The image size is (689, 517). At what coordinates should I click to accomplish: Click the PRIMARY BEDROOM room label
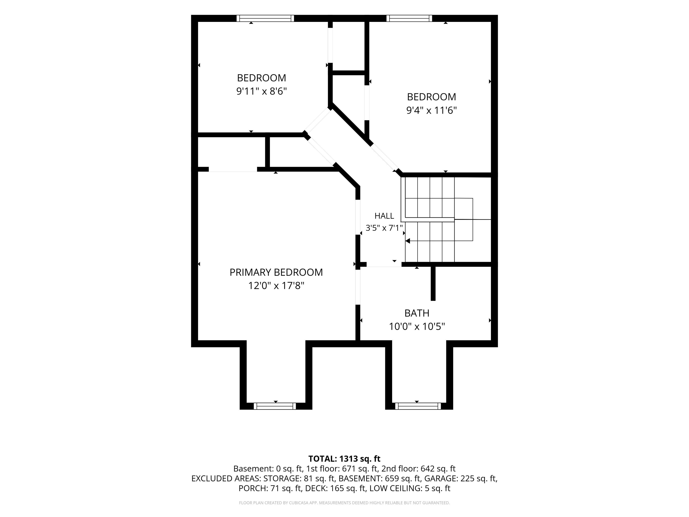coord(276,272)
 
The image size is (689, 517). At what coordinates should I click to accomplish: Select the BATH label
coord(417,313)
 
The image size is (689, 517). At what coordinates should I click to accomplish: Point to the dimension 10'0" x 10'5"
coord(417,326)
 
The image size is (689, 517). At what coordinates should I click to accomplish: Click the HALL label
coord(384,216)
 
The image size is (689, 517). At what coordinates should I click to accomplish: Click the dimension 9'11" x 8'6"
coord(261,91)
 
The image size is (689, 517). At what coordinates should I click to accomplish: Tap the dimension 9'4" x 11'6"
coord(431,110)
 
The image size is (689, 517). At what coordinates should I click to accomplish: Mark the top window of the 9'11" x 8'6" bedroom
coord(265,18)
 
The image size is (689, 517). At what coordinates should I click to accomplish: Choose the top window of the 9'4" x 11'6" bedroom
coord(409,18)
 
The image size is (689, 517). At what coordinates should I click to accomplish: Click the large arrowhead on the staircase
coord(407,241)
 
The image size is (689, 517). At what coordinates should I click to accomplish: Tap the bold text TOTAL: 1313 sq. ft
coord(344,459)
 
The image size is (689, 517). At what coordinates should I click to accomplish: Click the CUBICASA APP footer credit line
coord(344,503)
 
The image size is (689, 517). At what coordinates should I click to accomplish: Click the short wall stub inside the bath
coord(433,284)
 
